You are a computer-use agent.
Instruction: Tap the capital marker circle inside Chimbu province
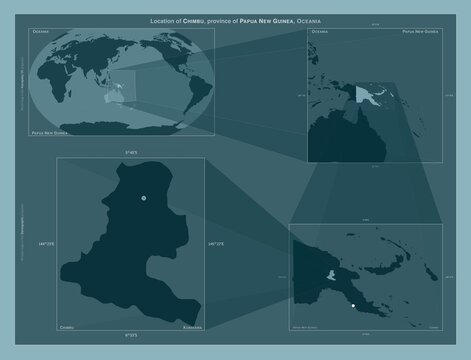point(144,198)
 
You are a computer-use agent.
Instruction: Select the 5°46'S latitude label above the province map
point(131,152)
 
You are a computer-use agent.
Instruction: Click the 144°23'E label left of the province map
point(46,243)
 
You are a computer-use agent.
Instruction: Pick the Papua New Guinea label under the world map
point(52,132)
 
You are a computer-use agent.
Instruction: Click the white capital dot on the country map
point(354,304)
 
